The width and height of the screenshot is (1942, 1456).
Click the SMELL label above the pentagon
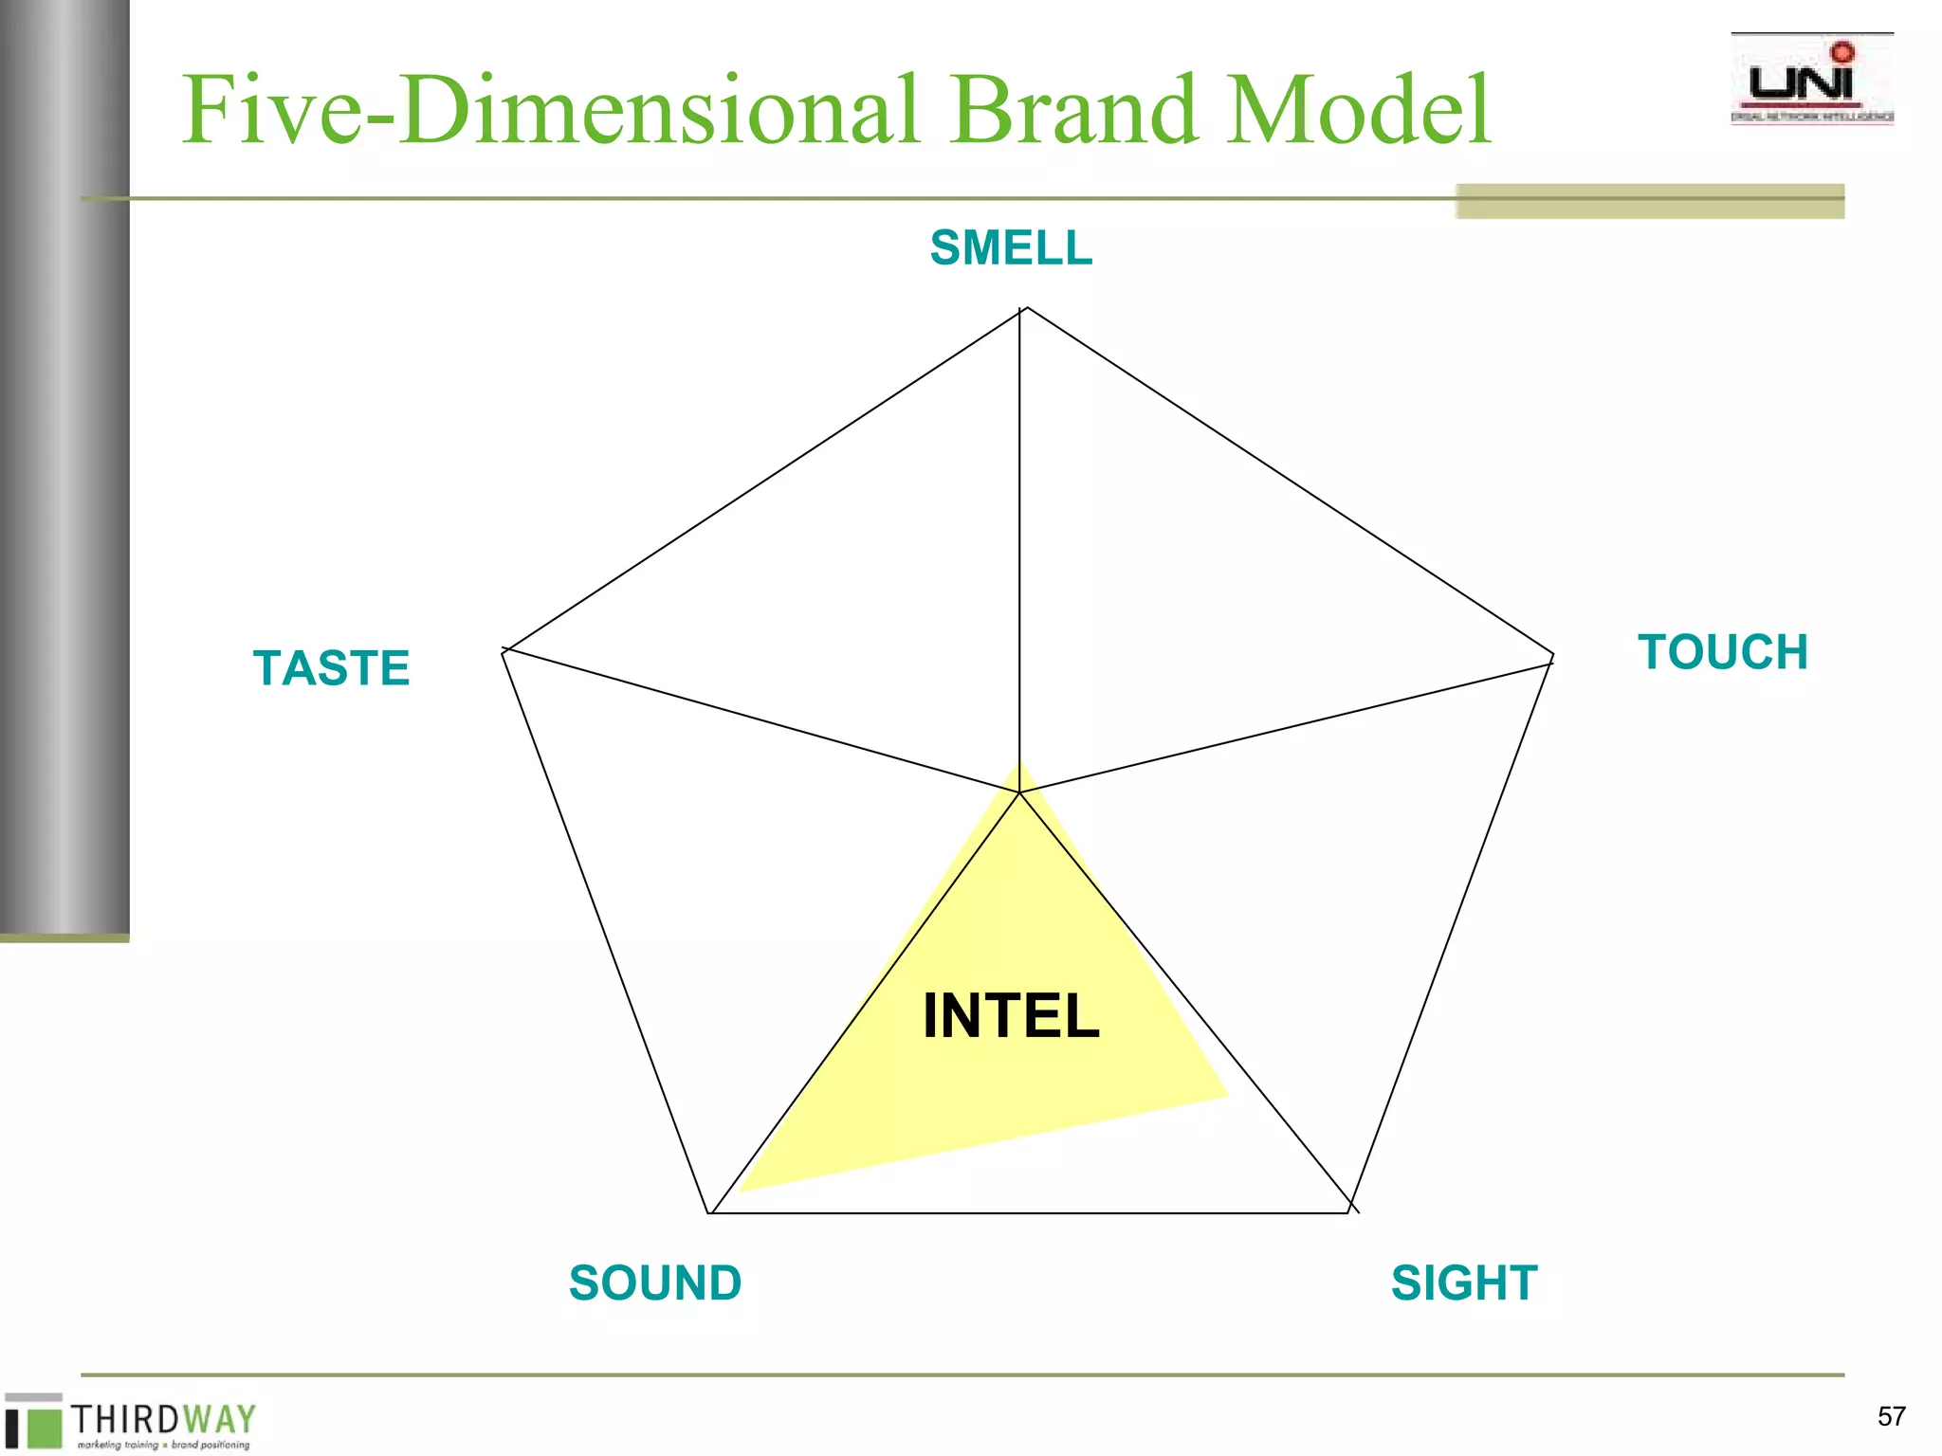pyautogui.click(x=1011, y=248)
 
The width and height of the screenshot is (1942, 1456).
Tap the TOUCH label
pyautogui.click(x=1722, y=652)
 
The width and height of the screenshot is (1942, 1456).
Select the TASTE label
pyautogui.click(x=331, y=667)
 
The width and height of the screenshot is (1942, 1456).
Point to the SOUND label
pyautogui.click(x=655, y=1283)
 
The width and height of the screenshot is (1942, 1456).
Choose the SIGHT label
pyautogui.click(x=1464, y=1283)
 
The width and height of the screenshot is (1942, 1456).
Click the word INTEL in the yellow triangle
pyautogui.click(x=1011, y=1016)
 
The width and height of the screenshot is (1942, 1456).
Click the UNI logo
pyautogui.click(x=1811, y=82)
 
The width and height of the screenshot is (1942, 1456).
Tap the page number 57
pyautogui.click(x=1891, y=1416)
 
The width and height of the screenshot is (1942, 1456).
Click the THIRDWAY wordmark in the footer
pyautogui.click(x=163, y=1420)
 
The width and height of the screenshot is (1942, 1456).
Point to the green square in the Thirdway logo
pyautogui.click(x=44, y=1428)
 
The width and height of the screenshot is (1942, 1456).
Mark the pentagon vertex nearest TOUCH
pyautogui.click(x=1551, y=656)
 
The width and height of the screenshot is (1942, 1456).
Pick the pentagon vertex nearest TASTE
pyautogui.click(x=504, y=651)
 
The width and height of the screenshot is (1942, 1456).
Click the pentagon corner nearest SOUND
pyautogui.click(x=709, y=1212)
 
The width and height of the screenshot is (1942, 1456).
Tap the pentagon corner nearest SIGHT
pyautogui.click(x=1349, y=1211)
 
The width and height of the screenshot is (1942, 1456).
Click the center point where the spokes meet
pyautogui.click(x=1019, y=792)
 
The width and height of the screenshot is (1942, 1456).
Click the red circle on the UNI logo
pyautogui.click(x=1842, y=52)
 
